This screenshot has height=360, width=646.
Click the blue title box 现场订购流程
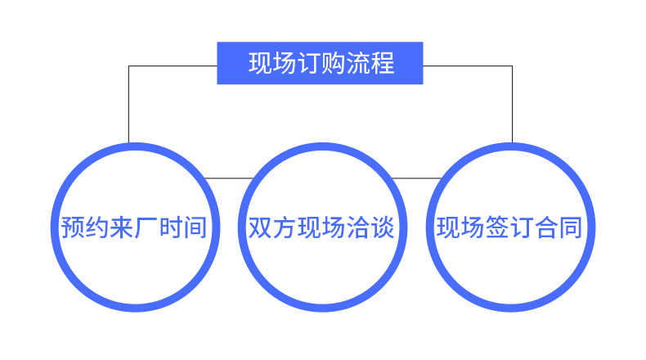click(320, 63)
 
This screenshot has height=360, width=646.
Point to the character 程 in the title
click(383, 64)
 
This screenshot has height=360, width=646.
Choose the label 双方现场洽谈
click(321, 227)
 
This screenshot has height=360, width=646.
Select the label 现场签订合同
click(509, 227)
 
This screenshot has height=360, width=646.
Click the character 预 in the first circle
click(72, 227)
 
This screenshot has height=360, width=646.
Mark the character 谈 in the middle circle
click(383, 227)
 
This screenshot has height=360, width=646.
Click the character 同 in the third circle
click(571, 227)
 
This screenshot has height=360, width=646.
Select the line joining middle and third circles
click(415, 178)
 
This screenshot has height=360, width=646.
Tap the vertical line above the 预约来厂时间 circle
click(128, 106)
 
